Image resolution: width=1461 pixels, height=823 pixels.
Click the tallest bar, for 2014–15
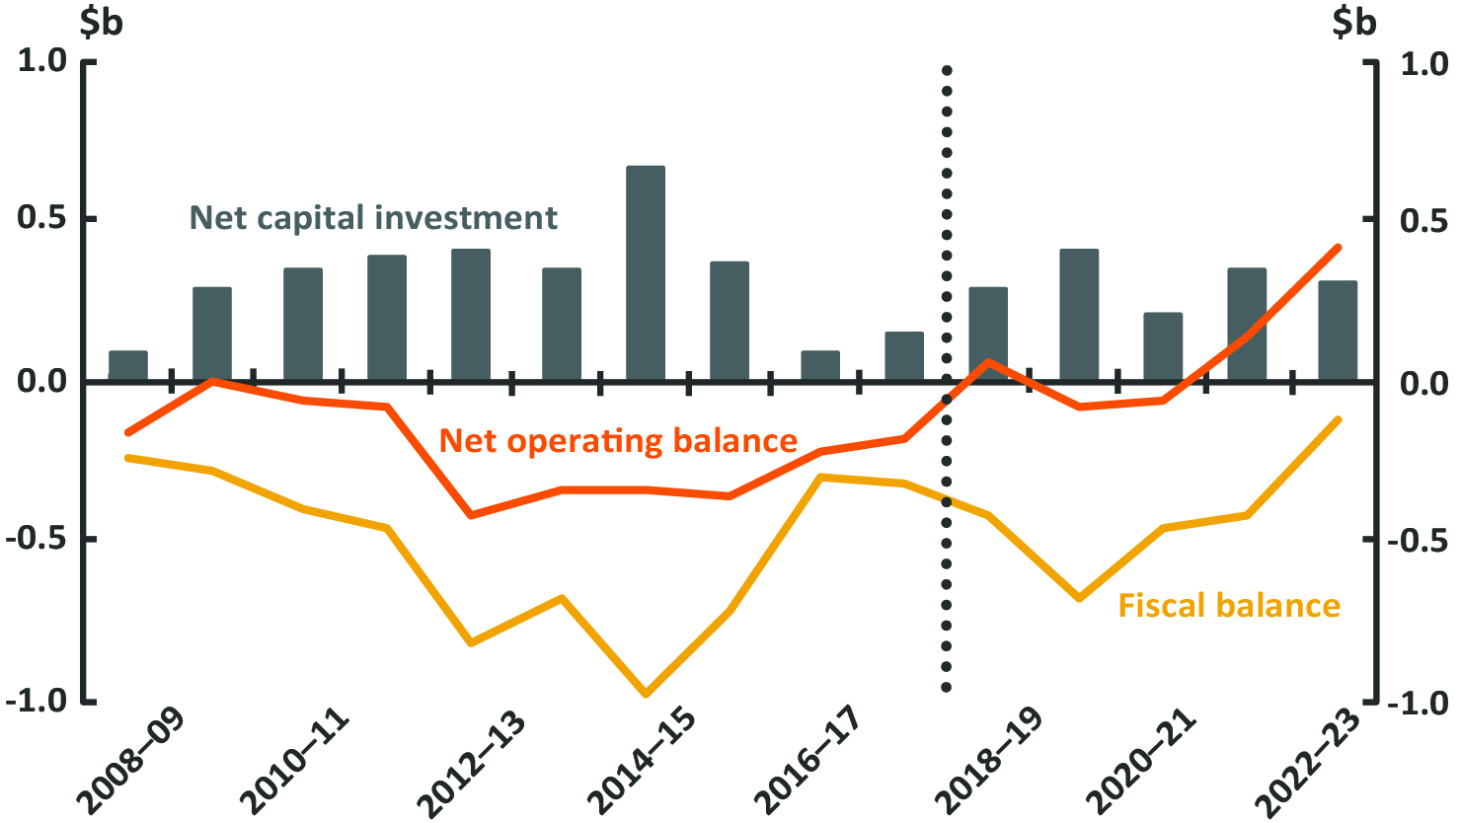coord(646,272)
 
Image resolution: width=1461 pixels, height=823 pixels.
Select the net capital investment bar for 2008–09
coord(128,365)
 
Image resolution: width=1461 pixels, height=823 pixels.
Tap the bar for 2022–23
coord(1338,331)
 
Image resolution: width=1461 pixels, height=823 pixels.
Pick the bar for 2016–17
coord(820,365)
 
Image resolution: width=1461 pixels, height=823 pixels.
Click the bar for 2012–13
coord(471,314)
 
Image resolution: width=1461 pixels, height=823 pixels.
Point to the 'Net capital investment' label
coord(373,217)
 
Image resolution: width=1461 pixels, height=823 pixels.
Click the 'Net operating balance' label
coord(618,440)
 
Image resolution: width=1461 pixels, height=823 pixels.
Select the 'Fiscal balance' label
coord(1229,605)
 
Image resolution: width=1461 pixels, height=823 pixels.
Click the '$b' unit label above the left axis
coord(102,22)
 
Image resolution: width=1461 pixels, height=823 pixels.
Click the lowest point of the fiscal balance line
coord(647,694)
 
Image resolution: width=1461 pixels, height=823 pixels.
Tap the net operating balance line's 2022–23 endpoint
coord(1339,247)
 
